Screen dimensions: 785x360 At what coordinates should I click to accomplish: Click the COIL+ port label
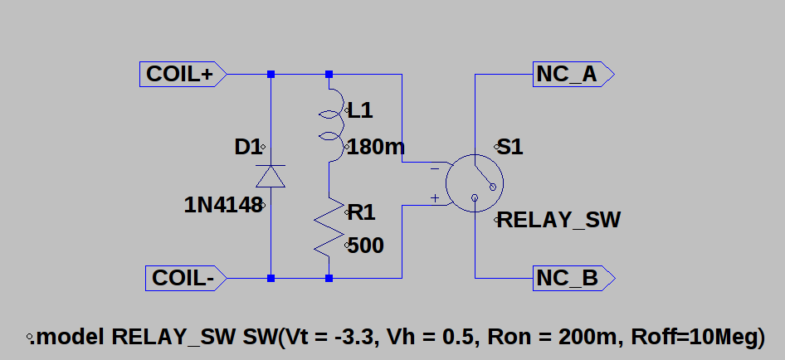[183, 75]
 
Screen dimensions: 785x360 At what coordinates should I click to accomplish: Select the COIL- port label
[186, 278]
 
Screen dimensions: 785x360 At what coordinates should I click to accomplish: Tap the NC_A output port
[573, 75]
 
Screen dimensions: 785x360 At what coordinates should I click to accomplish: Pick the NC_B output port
[573, 278]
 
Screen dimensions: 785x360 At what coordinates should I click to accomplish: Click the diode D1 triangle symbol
[271, 176]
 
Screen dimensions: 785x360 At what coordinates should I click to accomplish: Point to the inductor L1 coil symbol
[331, 125]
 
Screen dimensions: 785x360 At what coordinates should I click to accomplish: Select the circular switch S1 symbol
[475, 183]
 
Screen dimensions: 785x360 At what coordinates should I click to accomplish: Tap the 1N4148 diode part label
[223, 205]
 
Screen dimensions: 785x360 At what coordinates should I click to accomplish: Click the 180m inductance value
[375, 147]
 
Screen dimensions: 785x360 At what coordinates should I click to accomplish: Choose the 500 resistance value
[365, 246]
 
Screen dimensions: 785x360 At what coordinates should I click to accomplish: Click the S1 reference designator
[510, 147]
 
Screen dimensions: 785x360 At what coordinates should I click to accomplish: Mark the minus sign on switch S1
[435, 169]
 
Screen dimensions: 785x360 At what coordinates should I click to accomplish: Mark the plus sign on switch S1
[435, 198]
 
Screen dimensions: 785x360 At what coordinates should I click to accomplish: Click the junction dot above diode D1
[271, 74]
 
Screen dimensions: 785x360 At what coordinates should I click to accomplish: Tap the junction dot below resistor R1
[329, 278]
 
